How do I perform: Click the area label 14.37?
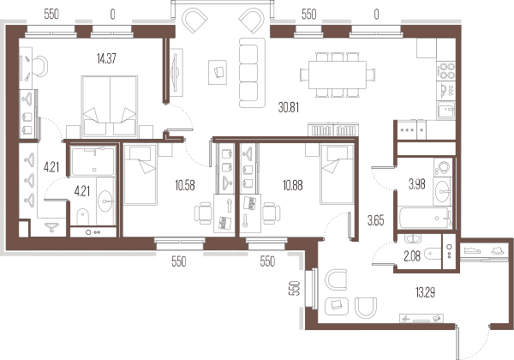(x=106, y=58)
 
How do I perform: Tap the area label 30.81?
(x=289, y=107)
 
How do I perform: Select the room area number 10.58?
(x=185, y=185)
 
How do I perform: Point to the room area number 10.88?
(x=293, y=185)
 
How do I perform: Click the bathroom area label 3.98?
(x=416, y=184)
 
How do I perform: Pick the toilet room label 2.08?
(x=412, y=256)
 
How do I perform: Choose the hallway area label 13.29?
(x=425, y=291)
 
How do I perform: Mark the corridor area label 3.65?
(x=376, y=220)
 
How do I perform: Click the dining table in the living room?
(x=338, y=75)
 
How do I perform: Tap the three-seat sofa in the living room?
(x=252, y=73)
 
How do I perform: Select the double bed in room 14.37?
(x=110, y=106)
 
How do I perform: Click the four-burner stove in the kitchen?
(x=445, y=71)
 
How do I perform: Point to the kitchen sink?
(x=445, y=111)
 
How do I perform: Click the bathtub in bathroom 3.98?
(x=425, y=218)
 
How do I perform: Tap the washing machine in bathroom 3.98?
(x=443, y=167)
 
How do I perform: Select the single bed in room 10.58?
(x=140, y=175)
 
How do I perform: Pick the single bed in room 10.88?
(x=337, y=174)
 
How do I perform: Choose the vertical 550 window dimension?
(x=296, y=288)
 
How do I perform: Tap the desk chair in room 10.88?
(x=272, y=213)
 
